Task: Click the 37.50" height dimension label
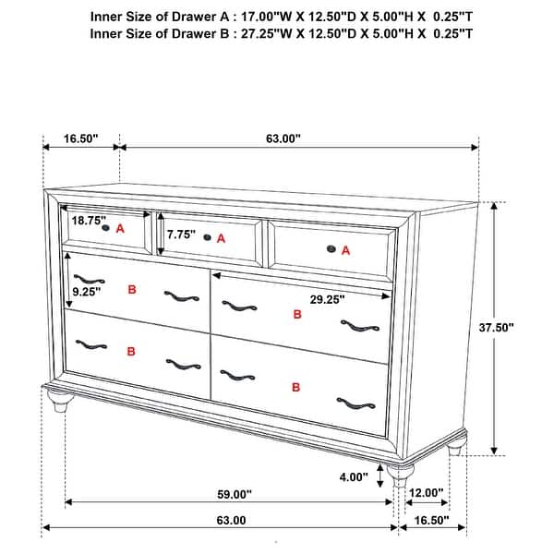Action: click(x=497, y=327)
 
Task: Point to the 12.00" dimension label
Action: click(x=428, y=493)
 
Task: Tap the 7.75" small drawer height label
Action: click(x=181, y=235)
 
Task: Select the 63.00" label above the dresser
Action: click(x=283, y=138)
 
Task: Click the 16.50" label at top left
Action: click(x=81, y=138)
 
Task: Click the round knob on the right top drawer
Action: click(x=331, y=247)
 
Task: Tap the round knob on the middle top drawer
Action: click(x=208, y=237)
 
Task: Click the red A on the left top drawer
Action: click(x=120, y=228)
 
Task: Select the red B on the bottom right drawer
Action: click(x=296, y=386)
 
